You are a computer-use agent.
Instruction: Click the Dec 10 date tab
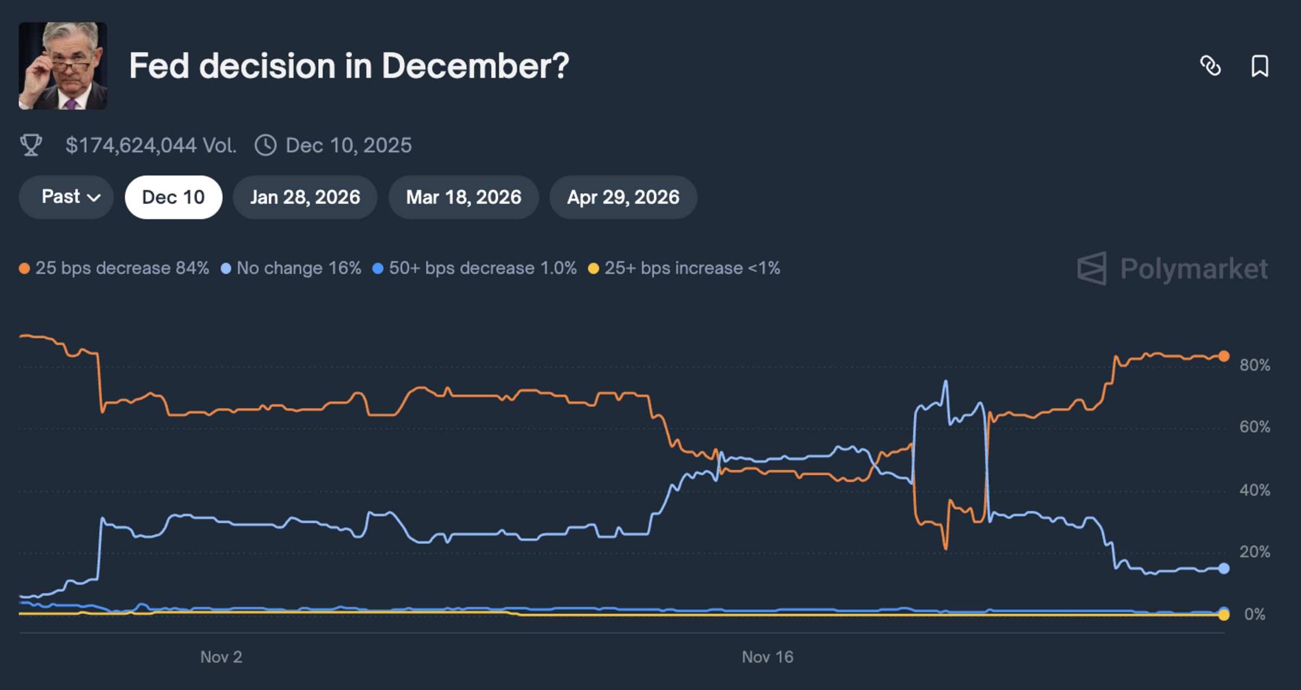tap(173, 197)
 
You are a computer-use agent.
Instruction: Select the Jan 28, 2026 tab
tap(305, 197)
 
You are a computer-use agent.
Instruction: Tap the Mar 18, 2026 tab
tap(463, 197)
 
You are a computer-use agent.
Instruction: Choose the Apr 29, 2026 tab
tap(623, 197)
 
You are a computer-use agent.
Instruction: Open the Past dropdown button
tap(66, 197)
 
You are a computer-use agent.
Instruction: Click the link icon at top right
tap(1210, 66)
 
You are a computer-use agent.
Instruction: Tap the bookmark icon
tap(1260, 66)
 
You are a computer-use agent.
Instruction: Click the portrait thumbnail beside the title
tap(63, 66)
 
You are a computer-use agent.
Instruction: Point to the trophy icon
tap(31, 145)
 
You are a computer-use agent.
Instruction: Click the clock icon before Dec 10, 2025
tap(266, 145)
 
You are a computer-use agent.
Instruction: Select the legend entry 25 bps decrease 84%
tap(114, 268)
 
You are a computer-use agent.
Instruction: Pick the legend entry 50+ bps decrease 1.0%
tap(475, 268)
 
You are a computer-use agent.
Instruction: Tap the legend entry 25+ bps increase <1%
tap(685, 268)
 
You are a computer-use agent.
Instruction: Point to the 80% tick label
tap(1254, 365)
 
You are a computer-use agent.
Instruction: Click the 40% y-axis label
tap(1254, 491)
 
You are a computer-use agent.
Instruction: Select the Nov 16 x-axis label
tap(767, 657)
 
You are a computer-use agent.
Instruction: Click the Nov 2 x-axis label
tap(221, 657)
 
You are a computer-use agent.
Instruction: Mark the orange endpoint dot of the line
tap(1224, 356)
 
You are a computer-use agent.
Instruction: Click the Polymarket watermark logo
tap(1173, 268)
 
